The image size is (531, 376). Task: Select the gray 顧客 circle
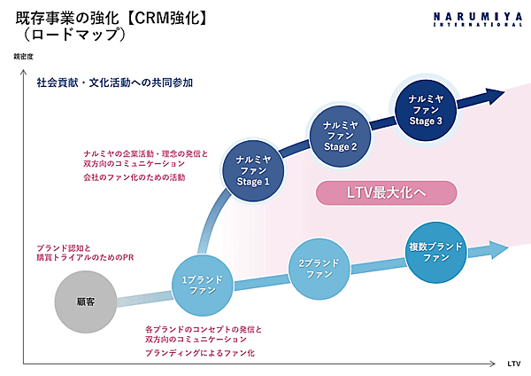(85, 302)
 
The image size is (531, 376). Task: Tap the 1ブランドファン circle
(202, 286)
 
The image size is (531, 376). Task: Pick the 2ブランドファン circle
(319, 269)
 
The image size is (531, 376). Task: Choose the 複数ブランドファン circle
(437, 251)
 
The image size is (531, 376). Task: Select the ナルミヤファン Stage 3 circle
(425, 109)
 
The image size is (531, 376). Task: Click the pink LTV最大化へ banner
(386, 192)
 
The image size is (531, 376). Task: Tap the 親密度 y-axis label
(24, 58)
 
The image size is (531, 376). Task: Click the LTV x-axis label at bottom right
(514, 364)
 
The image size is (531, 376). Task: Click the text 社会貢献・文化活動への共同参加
(115, 82)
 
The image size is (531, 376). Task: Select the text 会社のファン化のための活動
(134, 177)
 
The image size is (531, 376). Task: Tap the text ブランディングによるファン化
(199, 353)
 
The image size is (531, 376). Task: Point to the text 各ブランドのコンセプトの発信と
(203, 329)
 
